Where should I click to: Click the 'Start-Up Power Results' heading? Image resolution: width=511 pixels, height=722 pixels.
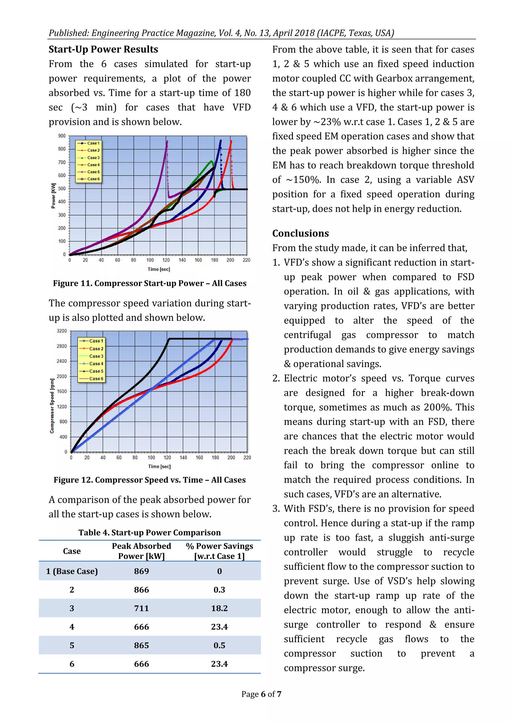click(x=103, y=49)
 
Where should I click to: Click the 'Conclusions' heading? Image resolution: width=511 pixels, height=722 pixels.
click(x=300, y=233)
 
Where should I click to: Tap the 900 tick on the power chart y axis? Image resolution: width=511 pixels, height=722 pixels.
click(x=62, y=136)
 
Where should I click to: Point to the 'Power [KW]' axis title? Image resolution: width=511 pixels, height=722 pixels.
click(x=53, y=196)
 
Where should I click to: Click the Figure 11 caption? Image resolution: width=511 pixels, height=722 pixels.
click(x=149, y=283)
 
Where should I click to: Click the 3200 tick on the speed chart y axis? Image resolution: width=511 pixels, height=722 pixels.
click(x=62, y=331)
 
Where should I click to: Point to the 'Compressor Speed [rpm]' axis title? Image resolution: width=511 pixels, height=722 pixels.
click(x=52, y=406)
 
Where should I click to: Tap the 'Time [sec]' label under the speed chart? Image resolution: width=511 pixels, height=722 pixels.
click(x=159, y=466)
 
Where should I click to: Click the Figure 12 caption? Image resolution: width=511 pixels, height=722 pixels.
click(x=149, y=480)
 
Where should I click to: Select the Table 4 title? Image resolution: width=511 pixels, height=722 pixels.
click(x=149, y=532)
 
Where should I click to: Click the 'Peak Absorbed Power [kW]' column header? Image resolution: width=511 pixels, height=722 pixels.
click(x=141, y=551)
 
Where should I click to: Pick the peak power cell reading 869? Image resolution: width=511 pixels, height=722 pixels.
click(x=141, y=571)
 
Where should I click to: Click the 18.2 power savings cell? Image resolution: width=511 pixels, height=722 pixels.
click(x=219, y=608)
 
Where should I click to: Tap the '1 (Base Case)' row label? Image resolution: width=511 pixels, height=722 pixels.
click(x=72, y=571)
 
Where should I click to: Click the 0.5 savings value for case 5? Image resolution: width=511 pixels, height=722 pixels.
click(x=219, y=645)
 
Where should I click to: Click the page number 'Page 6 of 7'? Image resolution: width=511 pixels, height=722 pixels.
click(x=261, y=694)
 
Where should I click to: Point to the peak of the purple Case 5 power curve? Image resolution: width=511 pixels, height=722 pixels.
click(x=167, y=141)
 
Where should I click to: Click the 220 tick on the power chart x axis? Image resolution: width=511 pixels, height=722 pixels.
click(x=246, y=260)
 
